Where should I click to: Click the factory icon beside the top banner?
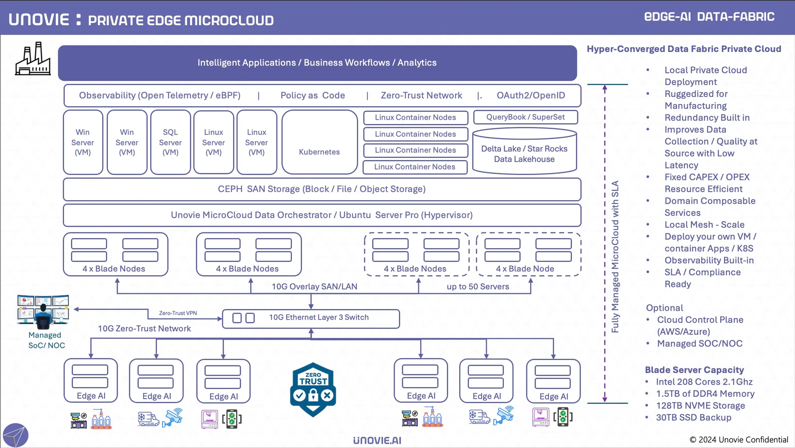coord(33,59)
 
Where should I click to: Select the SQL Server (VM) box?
coord(170,142)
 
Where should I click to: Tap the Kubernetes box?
coord(319,142)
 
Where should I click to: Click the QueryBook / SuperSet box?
coord(525,117)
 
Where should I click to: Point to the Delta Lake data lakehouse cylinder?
coord(524,152)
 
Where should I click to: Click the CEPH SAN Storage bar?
coord(322,189)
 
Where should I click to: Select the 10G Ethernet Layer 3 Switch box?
coord(311,318)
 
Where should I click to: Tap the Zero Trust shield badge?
coord(313,389)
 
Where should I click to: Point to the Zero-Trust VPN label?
coord(178,313)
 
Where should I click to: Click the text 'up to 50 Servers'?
coord(477,287)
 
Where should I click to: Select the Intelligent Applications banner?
coord(317,63)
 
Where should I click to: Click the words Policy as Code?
coord(312,95)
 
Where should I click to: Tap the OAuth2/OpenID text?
coord(531,95)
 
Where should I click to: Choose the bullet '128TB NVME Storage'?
coord(700,406)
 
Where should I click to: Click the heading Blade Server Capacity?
coord(694,370)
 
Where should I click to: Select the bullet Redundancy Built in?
coord(707,118)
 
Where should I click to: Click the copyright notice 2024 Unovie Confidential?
coord(738,439)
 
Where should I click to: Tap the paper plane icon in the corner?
coord(15,436)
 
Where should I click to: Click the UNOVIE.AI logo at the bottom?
coord(377,441)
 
